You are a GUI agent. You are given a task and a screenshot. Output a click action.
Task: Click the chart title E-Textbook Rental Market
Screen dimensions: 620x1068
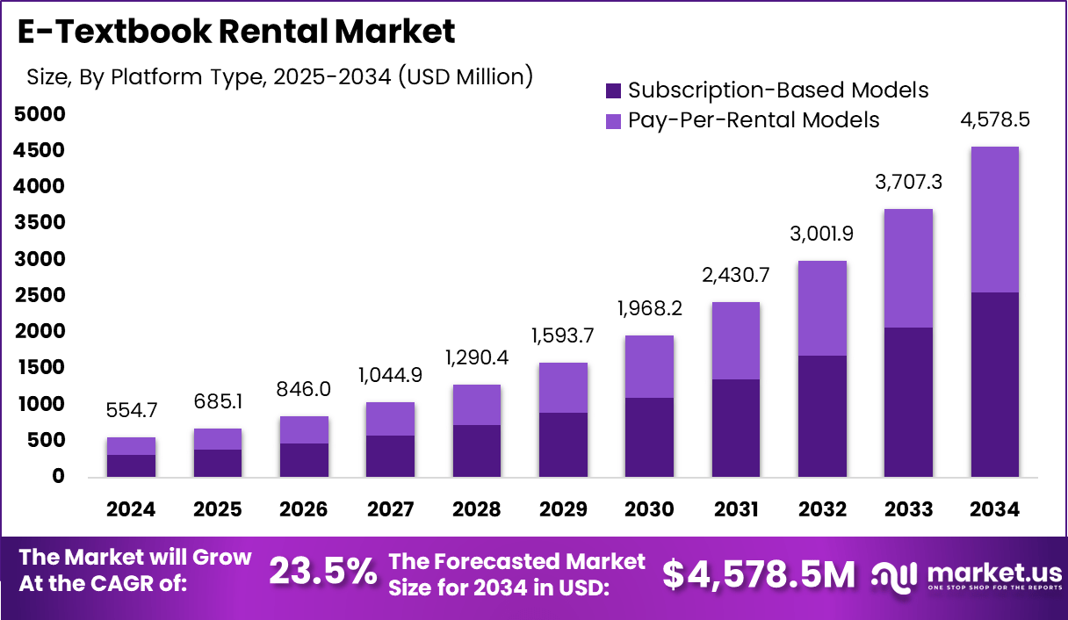[x=236, y=32]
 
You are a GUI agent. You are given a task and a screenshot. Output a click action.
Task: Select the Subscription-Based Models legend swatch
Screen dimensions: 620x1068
[x=613, y=90]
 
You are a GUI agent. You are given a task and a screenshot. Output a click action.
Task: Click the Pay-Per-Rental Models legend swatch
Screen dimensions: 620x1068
[x=613, y=120]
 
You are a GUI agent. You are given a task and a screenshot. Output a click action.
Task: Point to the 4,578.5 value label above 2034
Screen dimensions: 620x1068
[x=995, y=120]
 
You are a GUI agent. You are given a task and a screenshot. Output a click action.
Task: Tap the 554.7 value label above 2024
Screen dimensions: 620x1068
[x=131, y=411]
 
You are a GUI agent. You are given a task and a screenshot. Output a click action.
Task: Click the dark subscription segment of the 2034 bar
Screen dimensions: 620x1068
[x=995, y=385]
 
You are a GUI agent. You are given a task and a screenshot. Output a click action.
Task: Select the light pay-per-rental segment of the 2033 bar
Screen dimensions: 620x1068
[x=908, y=268]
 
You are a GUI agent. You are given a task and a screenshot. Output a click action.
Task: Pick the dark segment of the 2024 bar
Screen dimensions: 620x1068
[x=131, y=465]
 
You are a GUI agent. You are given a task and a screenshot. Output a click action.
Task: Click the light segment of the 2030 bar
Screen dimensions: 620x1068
[x=649, y=366]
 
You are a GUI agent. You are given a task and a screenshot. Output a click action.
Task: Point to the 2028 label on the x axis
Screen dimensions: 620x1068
[x=477, y=510]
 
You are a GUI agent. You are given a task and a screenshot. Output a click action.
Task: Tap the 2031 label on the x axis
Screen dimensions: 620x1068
[x=736, y=510]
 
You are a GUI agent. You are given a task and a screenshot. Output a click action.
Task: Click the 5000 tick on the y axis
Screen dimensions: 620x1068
[x=39, y=114]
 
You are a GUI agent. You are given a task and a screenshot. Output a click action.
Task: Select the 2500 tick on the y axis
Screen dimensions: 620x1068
[x=39, y=295]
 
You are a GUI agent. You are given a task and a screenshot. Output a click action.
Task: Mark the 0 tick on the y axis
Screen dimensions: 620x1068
[x=59, y=477]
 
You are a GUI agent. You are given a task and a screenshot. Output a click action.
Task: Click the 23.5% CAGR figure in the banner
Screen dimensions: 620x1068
[x=322, y=572]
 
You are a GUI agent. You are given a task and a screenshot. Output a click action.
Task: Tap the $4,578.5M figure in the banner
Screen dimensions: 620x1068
[x=758, y=573]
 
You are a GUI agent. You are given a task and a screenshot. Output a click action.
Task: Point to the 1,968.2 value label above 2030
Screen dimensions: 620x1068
[x=649, y=309]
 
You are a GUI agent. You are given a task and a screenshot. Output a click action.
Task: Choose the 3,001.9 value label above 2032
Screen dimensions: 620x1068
[x=822, y=234]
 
